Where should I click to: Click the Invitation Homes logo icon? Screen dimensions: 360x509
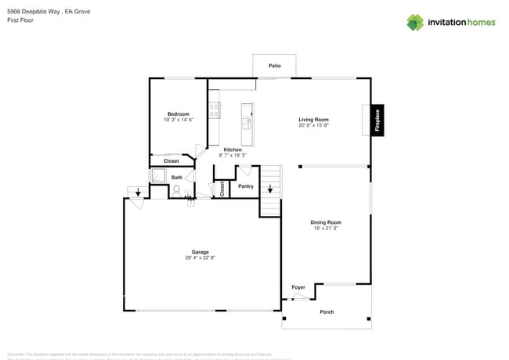[x=414, y=22]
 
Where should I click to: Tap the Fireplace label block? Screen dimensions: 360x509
[x=377, y=121]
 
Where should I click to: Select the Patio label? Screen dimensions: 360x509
[x=274, y=66]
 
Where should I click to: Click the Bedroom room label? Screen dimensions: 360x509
[x=178, y=114]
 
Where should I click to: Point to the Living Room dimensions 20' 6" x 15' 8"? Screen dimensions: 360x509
[x=313, y=125]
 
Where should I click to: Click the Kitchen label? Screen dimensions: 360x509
[x=233, y=149]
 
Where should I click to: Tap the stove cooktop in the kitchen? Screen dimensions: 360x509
[x=213, y=110]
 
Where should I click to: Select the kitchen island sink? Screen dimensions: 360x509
[x=247, y=123]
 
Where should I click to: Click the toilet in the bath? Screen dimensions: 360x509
[x=177, y=189]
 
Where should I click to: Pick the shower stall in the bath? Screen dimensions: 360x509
[x=159, y=177]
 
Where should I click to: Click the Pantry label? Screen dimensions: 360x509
[x=245, y=186]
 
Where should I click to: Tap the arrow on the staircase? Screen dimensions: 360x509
[x=270, y=189]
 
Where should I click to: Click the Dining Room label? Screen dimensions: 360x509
[x=327, y=222]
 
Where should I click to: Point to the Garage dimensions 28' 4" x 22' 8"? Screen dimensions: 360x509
[x=200, y=257]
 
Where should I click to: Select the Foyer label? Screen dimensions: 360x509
[x=298, y=287]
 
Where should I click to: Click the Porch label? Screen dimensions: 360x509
[x=327, y=311]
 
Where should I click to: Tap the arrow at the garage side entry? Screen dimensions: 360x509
[x=139, y=191]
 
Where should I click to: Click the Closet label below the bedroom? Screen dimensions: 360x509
[x=171, y=161]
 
